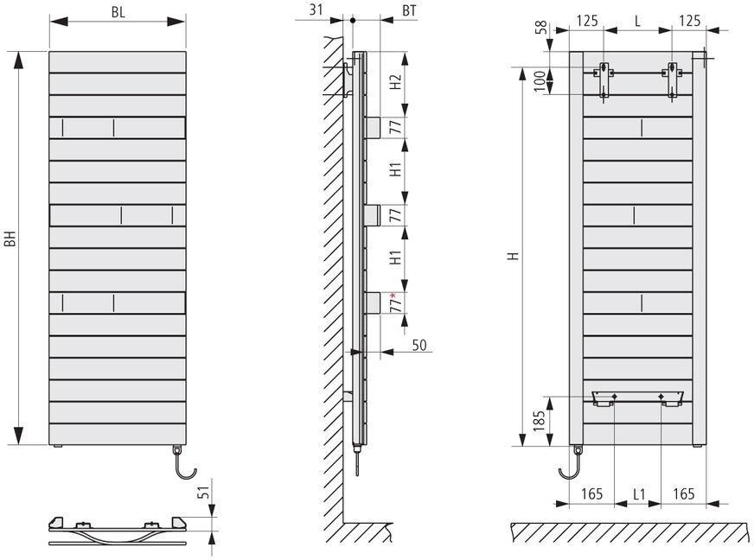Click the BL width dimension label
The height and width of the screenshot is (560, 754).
click(117, 12)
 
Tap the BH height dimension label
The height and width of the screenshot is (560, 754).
click(10, 238)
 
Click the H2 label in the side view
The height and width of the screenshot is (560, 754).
click(394, 83)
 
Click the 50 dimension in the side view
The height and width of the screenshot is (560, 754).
click(419, 345)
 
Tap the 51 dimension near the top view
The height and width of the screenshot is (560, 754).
click(203, 493)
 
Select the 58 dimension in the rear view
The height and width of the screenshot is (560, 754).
click(541, 28)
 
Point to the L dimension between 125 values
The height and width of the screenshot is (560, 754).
click(637, 19)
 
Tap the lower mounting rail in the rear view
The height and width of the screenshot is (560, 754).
click(637, 397)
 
